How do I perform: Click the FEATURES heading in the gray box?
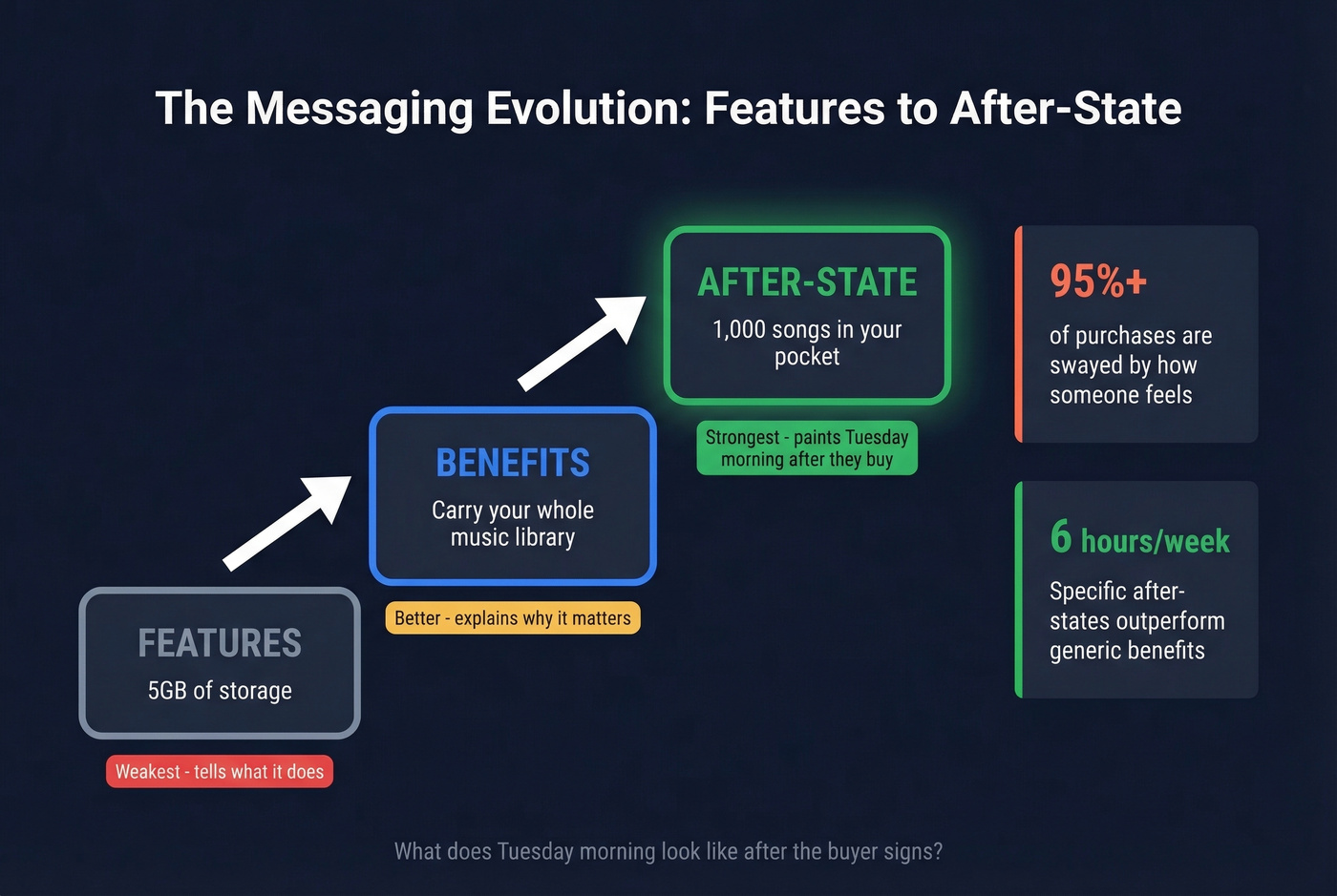click(220, 643)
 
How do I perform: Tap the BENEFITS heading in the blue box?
click(513, 463)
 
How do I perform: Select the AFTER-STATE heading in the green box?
click(807, 282)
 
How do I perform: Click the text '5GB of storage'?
click(220, 691)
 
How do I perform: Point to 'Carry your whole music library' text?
click(513, 524)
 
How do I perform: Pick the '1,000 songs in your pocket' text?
click(807, 343)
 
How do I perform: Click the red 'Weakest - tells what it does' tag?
click(220, 772)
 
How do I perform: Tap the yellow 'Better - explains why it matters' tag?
click(513, 618)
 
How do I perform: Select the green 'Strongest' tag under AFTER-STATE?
click(807, 448)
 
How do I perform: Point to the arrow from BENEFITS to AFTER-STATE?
click(582, 343)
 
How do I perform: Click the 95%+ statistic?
click(1098, 281)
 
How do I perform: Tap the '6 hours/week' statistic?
click(1139, 539)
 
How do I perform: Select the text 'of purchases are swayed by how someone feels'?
click(1130, 365)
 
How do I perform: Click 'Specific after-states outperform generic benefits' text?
click(1136, 621)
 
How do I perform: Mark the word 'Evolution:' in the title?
click(588, 109)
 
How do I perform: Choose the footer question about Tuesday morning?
click(668, 851)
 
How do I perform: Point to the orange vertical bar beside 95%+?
click(1019, 334)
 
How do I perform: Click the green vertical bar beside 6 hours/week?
click(1019, 590)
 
